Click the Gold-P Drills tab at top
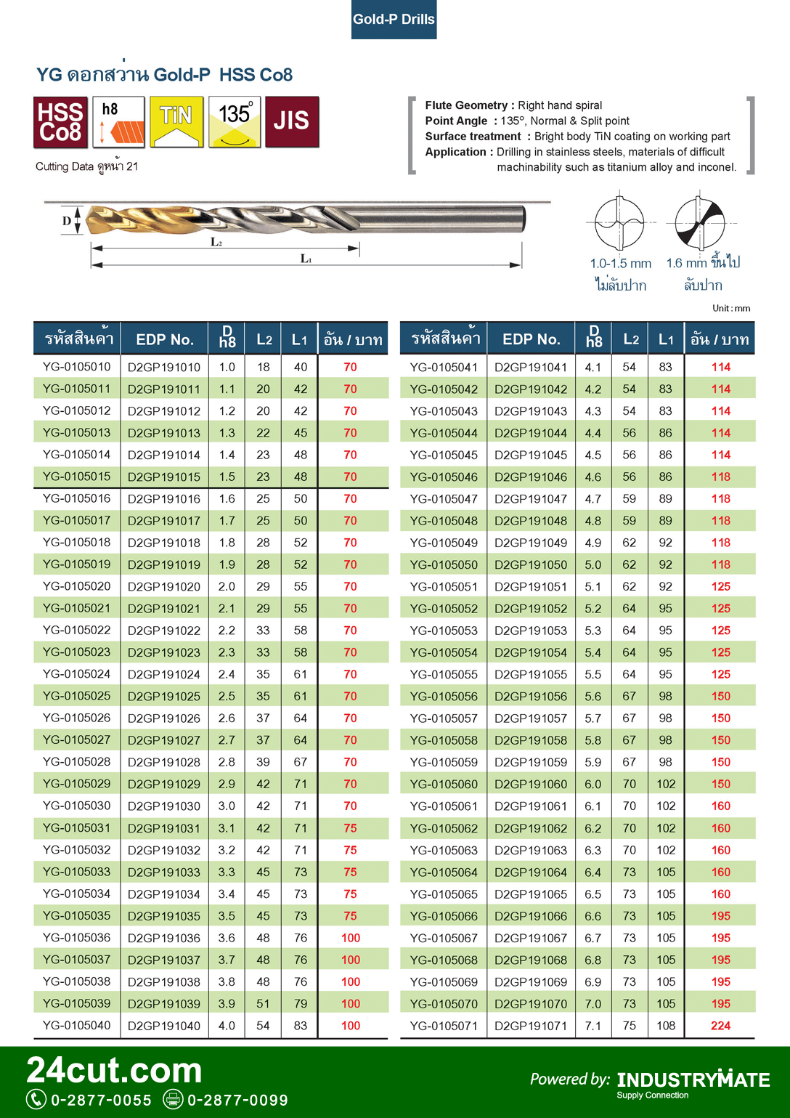point(394,20)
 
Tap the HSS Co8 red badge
point(60,122)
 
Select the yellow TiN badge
point(176,122)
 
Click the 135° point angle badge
point(235,122)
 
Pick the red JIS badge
point(292,122)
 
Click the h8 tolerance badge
point(118,122)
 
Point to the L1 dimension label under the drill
point(306,259)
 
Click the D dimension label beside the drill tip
point(67,221)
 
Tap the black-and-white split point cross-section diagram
point(699,223)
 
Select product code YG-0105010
point(77,367)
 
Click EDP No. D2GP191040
point(164,1026)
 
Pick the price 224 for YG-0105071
point(720,1026)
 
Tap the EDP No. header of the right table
point(531,339)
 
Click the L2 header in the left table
point(264,339)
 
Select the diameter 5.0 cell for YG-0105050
point(593,564)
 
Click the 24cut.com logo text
point(114,1070)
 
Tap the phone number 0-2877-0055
point(101,1100)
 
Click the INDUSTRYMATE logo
point(693,1080)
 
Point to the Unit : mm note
point(731,308)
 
